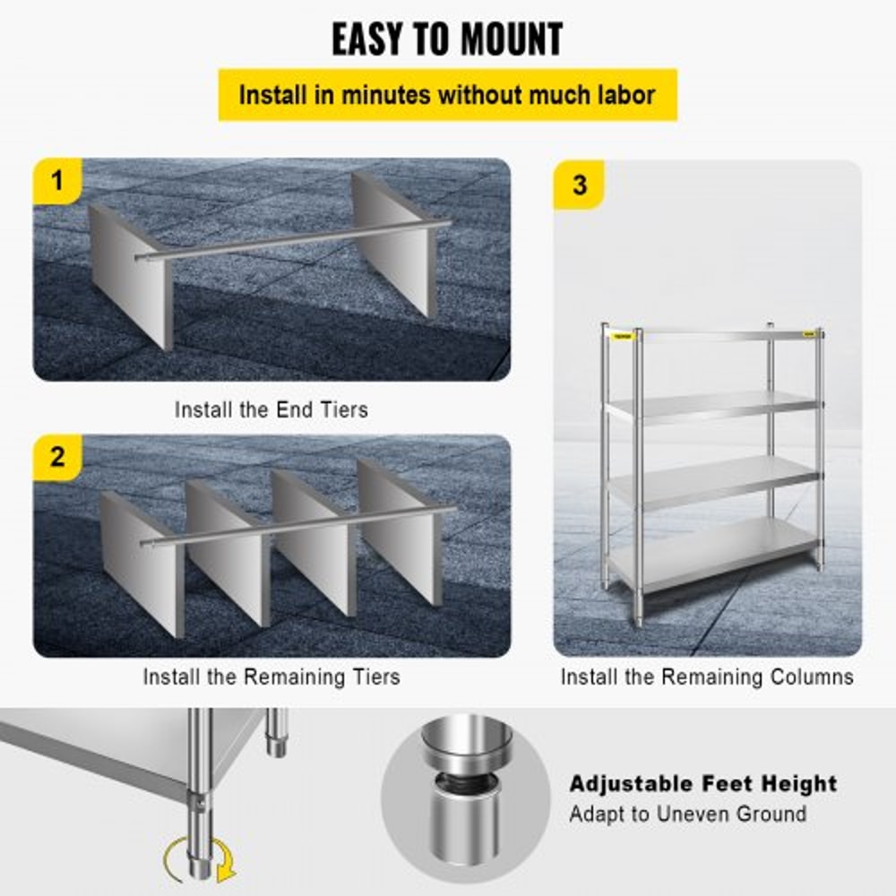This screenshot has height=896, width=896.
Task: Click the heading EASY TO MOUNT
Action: point(447,39)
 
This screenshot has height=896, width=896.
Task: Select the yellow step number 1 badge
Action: point(57,182)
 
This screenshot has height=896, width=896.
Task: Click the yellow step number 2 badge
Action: point(57,457)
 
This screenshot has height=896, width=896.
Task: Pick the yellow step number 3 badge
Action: point(579,185)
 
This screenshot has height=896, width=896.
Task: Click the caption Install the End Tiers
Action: point(271,409)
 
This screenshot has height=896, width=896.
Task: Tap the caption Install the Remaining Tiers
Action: point(271,676)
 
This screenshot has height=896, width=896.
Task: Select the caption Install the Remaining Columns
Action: point(707,676)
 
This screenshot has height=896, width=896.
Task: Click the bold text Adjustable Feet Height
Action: point(702,783)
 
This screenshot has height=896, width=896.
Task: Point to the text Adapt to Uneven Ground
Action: point(687,814)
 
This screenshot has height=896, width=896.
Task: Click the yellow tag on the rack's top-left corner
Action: point(620,336)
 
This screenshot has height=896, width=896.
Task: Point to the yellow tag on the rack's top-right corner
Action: point(811,333)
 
